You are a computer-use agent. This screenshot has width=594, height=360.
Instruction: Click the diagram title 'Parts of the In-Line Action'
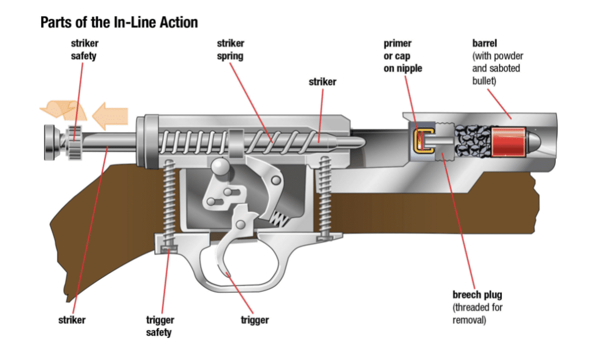(x=119, y=23)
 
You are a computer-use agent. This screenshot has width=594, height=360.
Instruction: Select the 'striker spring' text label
(x=230, y=50)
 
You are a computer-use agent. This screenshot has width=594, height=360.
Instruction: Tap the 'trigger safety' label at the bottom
(x=160, y=326)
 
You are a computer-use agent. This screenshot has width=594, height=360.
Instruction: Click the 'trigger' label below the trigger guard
(x=255, y=319)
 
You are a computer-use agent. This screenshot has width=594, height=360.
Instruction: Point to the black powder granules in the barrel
(x=471, y=141)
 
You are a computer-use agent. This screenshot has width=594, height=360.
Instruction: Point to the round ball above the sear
(x=220, y=167)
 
